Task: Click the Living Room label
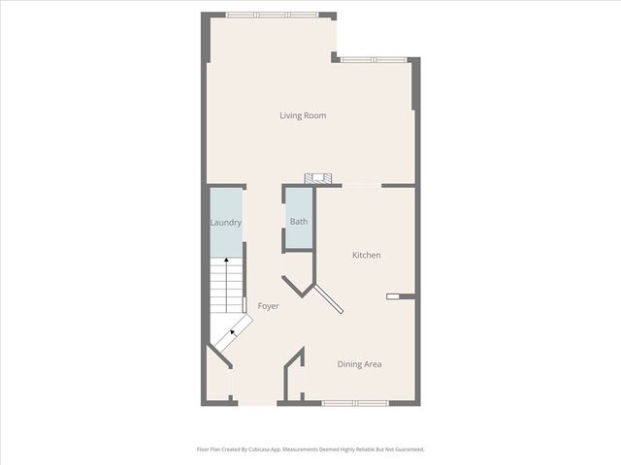[x=303, y=116]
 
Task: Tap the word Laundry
[x=226, y=223]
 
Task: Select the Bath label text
[x=299, y=222]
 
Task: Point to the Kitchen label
[x=366, y=255]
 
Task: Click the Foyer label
[x=269, y=306]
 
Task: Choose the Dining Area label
[x=359, y=364]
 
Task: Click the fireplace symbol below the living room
[x=318, y=179]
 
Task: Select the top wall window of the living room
[x=272, y=15]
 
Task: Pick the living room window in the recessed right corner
[x=373, y=60]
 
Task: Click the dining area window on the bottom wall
[x=349, y=402]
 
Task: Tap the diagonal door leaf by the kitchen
[x=328, y=298]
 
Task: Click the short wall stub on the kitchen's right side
[x=400, y=296]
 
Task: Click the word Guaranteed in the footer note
[x=406, y=449]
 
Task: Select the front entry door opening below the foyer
[x=255, y=402]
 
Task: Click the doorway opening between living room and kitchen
[x=364, y=185]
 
